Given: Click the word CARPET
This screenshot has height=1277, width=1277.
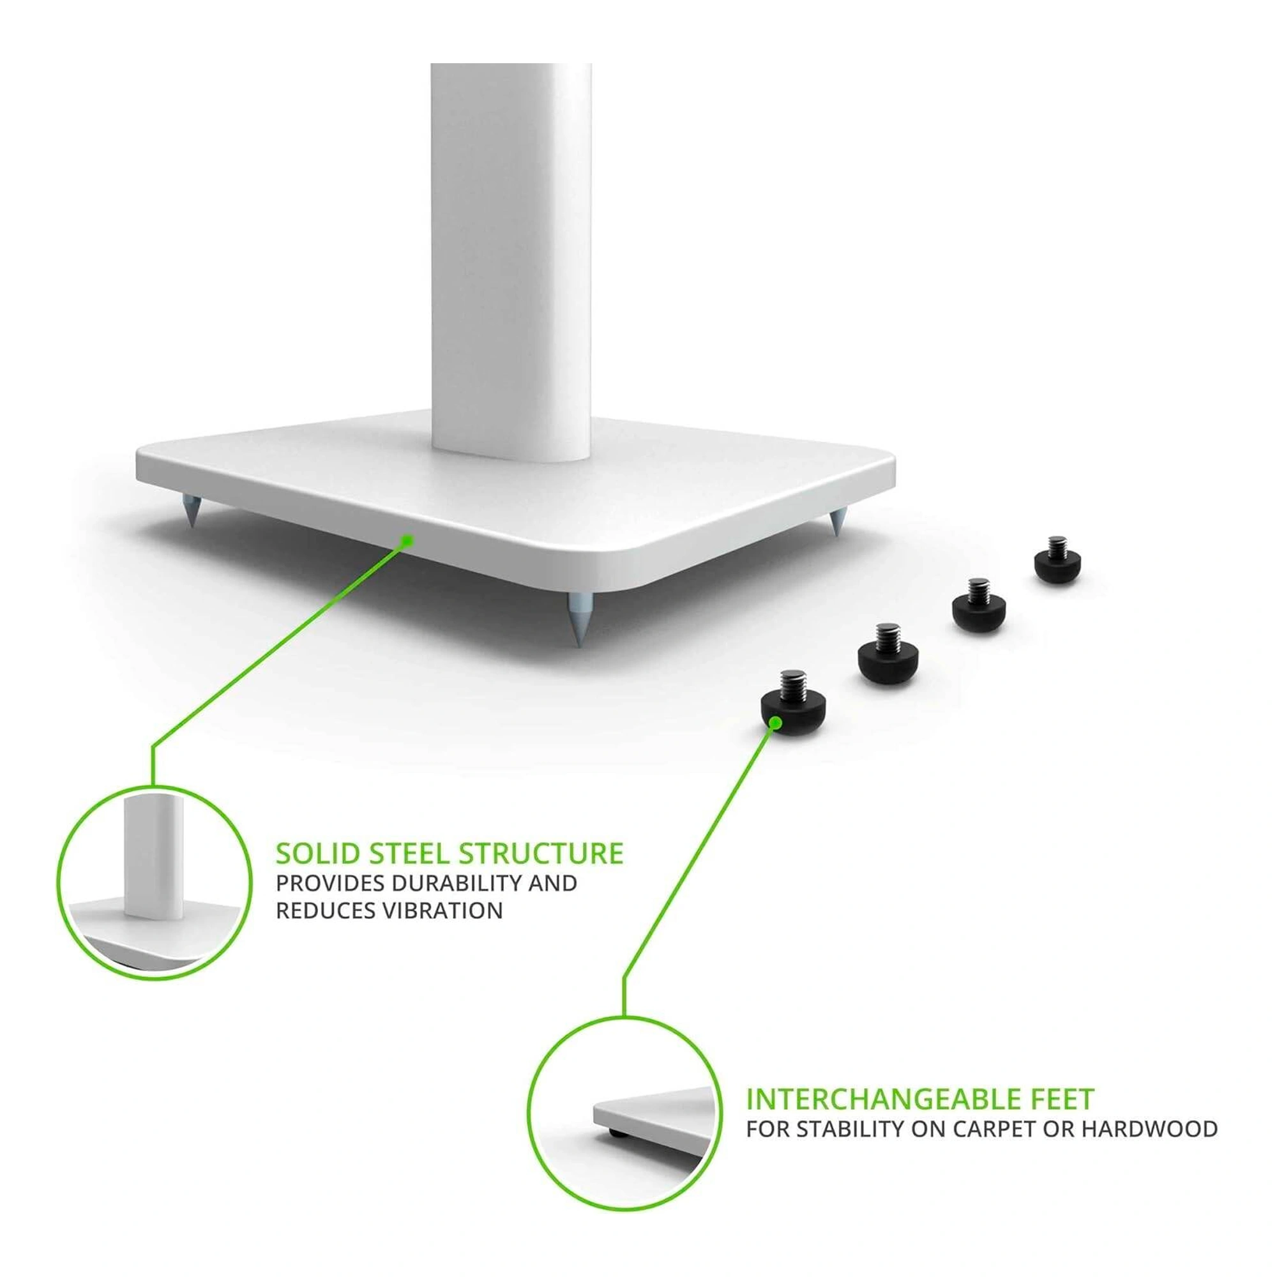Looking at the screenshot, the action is click(x=983, y=1129).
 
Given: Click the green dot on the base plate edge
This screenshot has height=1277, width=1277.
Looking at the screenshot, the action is click(x=407, y=541).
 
